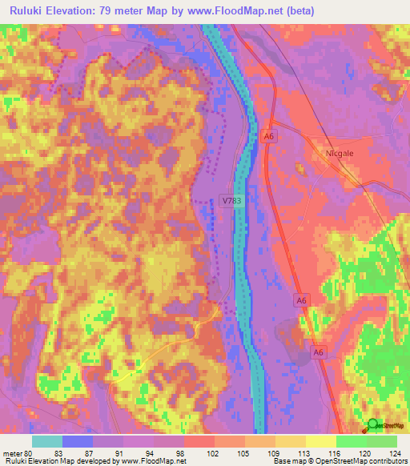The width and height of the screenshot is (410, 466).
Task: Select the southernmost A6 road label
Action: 319,352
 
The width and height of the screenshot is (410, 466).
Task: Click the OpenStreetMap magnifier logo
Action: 373,425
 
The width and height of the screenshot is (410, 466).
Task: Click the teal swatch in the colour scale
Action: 46,441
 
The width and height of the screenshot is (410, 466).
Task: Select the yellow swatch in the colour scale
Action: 320,441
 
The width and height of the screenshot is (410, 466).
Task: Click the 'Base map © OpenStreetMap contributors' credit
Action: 339,461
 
